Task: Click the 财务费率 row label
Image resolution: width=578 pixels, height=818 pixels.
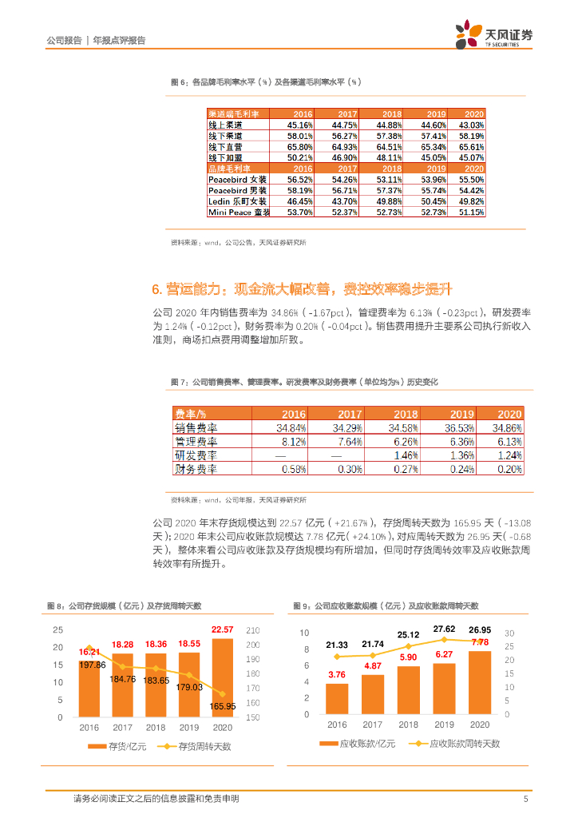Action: click(x=196, y=469)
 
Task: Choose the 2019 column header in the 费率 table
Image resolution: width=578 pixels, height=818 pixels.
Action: click(x=461, y=414)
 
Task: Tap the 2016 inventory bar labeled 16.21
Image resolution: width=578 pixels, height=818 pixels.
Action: click(x=89, y=687)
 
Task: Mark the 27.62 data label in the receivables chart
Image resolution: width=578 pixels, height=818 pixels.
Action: click(x=444, y=629)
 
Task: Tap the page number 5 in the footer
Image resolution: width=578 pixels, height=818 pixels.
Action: click(x=525, y=799)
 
